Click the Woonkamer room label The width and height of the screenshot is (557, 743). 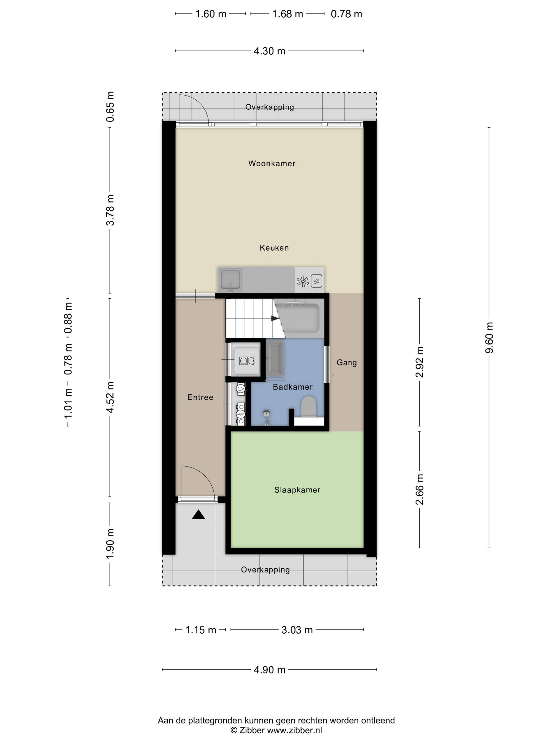(x=271, y=163)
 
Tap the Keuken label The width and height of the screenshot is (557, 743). (x=274, y=248)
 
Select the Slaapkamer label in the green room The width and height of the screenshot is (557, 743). (x=297, y=490)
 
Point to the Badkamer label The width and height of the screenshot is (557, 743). (x=293, y=387)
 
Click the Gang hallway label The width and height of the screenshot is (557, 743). (x=346, y=362)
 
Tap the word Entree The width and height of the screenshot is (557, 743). (x=200, y=397)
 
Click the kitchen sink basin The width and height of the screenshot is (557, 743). (x=230, y=279)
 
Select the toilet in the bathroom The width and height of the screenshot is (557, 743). (x=308, y=407)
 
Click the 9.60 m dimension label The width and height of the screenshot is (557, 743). (x=489, y=337)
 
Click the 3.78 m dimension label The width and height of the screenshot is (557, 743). (x=110, y=210)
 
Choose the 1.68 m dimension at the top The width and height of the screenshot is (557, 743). (x=288, y=14)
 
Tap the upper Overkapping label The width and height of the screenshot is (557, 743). (x=269, y=107)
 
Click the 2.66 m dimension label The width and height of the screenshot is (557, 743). (x=419, y=489)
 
